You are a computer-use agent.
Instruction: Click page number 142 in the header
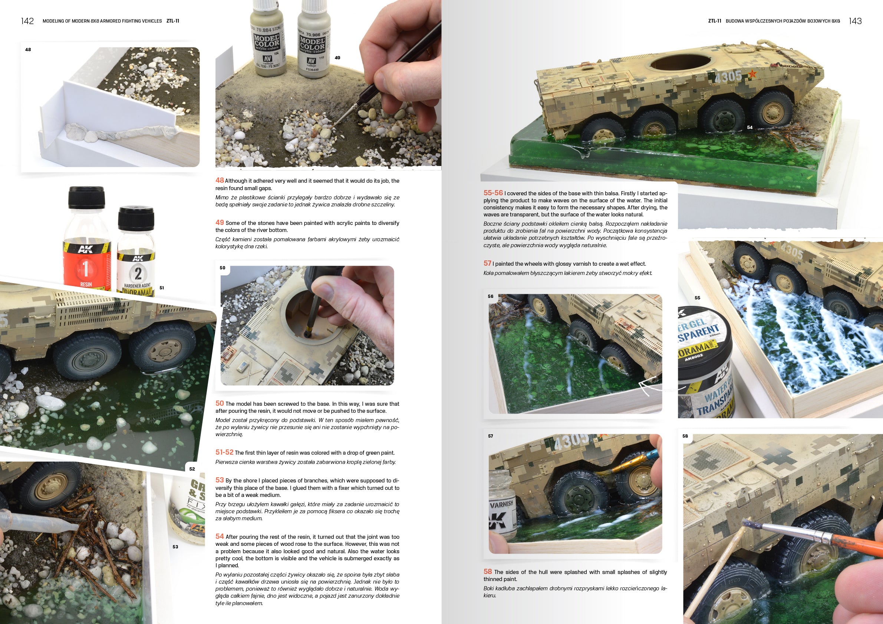point(27,21)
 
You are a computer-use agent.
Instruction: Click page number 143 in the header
point(855,21)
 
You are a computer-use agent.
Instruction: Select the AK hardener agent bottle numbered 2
point(137,261)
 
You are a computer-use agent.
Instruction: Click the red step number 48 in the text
point(220,180)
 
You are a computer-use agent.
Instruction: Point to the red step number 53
point(220,480)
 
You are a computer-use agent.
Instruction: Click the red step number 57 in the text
point(487,263)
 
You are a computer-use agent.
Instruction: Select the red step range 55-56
point(493,193)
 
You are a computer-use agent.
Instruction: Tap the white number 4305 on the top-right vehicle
point(728,77)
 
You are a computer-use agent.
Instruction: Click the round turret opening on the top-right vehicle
point(679,63)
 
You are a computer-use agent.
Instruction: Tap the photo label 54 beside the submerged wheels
point(749,127)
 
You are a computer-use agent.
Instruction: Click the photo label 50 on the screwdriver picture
point(222,268)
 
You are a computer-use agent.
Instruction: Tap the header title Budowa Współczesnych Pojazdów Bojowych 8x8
point(782,21)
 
